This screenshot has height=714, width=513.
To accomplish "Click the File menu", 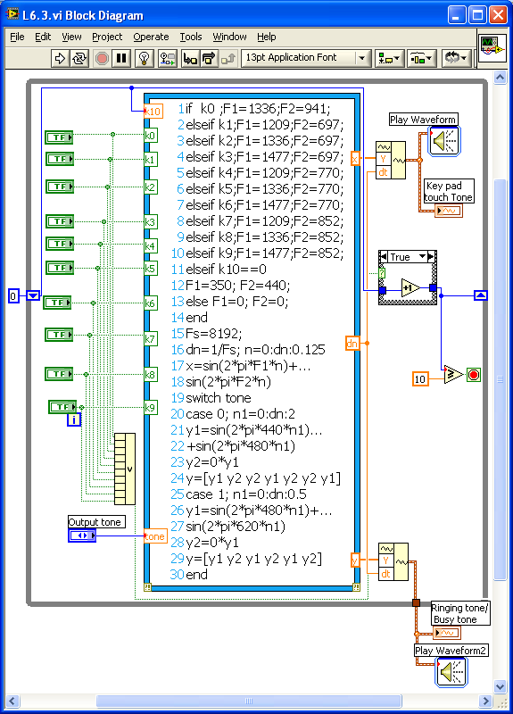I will pyautogui.click(x=17, y=37).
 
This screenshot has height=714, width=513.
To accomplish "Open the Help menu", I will pyautogui.click(x=266, y=37).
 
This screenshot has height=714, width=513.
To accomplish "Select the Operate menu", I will pyautogui.click(x=151, y=37).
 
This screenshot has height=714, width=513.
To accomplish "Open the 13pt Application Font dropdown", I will pyautogui.click(x=304, y=58).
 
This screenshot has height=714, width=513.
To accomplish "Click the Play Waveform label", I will pyautogui.click(x=423, y=120).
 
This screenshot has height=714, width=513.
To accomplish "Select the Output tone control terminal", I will pyautogui.click(x=82, y=535).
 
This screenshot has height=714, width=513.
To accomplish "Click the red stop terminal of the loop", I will pyautogui.click(x=474, y=375).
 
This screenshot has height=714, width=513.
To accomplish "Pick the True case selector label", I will pyautogui.click(x=401, y=257).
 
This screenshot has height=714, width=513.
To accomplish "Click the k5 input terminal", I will pyautogui.click(x=151, y=268).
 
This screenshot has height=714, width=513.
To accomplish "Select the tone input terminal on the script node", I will pyautogui.click(x=154, y=536).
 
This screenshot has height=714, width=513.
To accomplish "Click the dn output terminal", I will pyautogui.click(x=352, y=343).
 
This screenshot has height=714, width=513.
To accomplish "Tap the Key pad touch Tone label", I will pyautogui.click(x=450, y=191).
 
